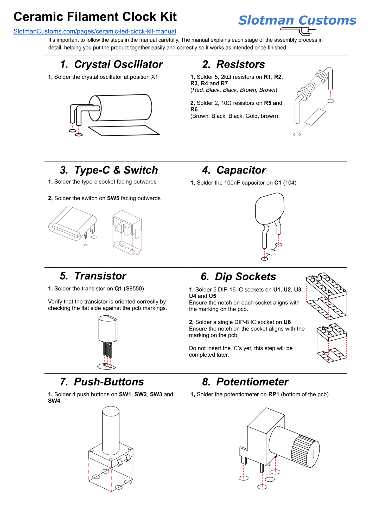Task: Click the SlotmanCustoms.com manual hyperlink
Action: [94, 31]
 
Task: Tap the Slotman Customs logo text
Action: [297, 20]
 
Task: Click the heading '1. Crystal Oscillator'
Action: [111, 64]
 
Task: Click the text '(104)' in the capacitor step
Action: [290, 183]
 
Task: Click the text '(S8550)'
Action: [133, 288]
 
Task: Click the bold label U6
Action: [287, 322]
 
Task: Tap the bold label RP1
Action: [274, 394]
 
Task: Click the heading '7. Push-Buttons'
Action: [102, 382]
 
